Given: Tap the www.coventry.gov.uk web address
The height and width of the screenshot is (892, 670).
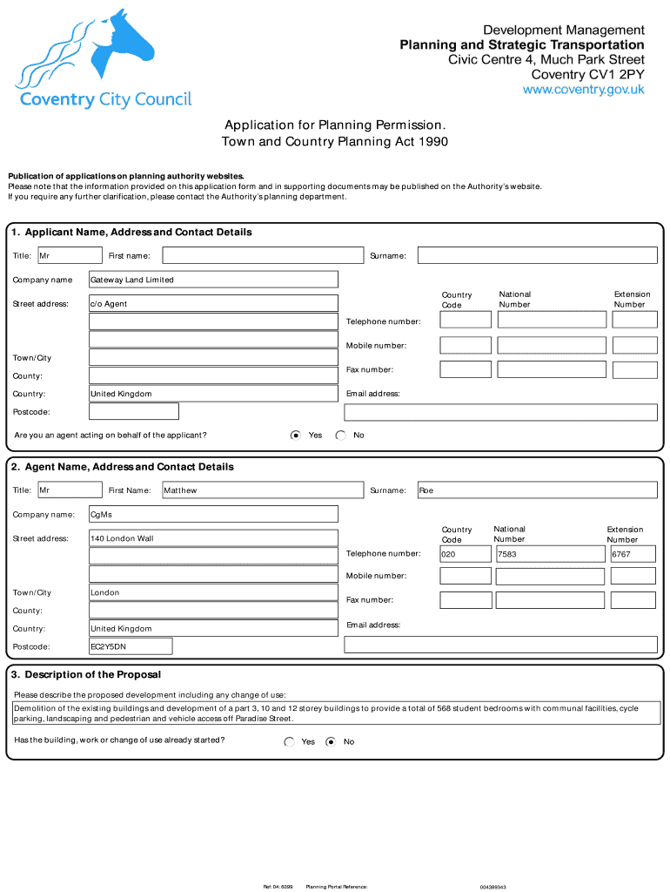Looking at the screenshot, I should tap(583, 90).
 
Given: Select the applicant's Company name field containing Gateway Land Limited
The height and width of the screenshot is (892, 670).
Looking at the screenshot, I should tap(213, 280).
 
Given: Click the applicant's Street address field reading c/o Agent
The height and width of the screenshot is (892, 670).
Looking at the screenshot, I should tap(213, 304).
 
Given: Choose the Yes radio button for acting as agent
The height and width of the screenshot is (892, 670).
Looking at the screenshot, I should tap(296, 436).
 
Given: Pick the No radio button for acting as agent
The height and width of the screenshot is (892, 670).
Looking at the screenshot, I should tap(341, 436).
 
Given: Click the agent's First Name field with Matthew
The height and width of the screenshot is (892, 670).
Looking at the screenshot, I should tap(262, 490).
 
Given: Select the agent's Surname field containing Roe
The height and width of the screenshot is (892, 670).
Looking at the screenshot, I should tap(537, 490).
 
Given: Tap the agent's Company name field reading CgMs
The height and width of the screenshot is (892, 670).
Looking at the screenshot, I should tap(213, 515).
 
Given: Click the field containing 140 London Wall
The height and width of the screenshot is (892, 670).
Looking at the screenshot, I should tap(213, 538).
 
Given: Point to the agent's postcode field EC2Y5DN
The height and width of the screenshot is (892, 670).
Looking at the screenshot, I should tap(131, 646).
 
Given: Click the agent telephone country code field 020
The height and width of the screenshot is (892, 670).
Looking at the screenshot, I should tap(465, 554).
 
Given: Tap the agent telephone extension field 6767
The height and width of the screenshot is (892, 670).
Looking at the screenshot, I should tap(633, 554).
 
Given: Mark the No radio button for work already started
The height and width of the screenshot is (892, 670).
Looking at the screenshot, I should tap(331, 742).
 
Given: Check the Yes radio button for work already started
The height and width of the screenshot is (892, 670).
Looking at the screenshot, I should tap(290, 742).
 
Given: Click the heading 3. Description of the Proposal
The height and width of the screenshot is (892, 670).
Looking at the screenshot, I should tap(86, 675).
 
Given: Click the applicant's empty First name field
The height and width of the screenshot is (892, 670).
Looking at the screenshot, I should tap(262, 255).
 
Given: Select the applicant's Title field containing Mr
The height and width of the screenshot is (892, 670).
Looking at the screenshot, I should tap(70, 255).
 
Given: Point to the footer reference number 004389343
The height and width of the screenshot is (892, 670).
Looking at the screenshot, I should tap(492, 887).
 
